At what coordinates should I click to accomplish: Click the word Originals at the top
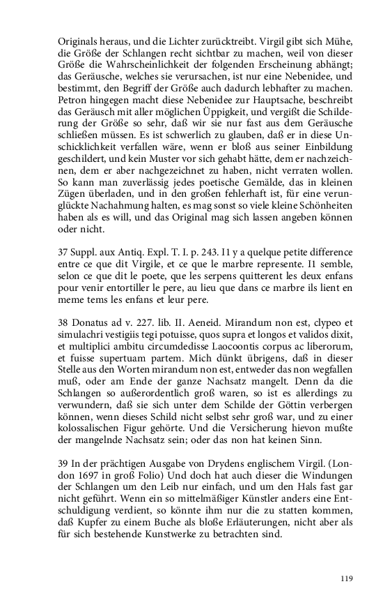pyautogui.click(x=79, y=41)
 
